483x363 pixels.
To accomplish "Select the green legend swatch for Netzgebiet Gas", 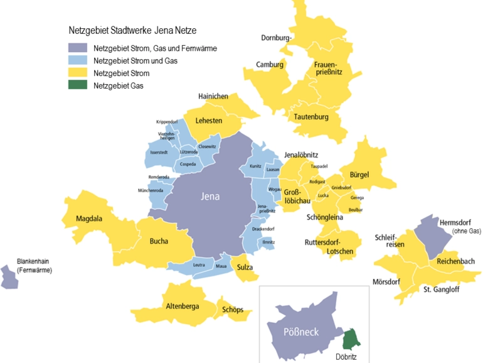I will (x=78, y=86).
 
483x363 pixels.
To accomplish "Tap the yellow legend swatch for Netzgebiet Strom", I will (x=78, y=73).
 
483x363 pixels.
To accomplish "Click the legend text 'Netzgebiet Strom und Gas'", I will (x=135, y=61).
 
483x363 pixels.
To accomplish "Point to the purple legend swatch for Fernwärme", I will (x=78, y=48).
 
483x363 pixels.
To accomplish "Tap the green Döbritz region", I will (x=349, y=339).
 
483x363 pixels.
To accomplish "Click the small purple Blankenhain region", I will (x=9, y=278).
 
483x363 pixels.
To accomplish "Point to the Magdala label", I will (x=89, y=219).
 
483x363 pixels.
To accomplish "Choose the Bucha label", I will (x=159, y=241).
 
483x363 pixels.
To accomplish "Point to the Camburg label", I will (x=270, y=65).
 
